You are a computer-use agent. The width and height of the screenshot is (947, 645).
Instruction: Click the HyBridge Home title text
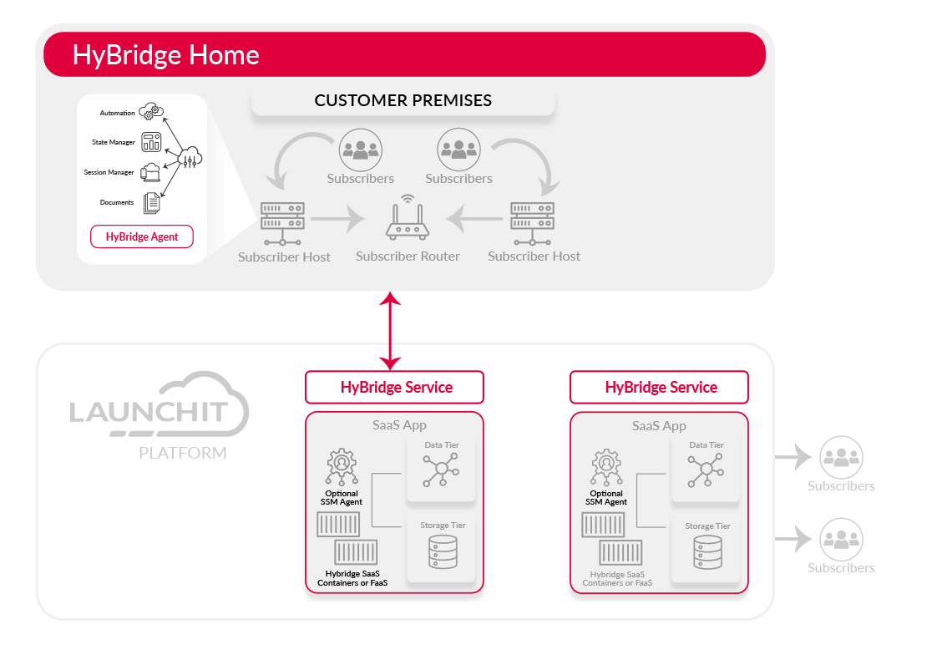point(166,55)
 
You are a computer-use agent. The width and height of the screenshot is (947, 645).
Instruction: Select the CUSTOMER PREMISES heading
point(403,100)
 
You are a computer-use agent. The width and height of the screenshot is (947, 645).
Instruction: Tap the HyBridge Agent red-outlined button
point(142,236)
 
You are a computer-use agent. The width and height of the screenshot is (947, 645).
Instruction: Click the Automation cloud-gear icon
point(152,110)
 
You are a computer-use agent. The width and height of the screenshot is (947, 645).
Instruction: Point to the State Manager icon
point(151,141)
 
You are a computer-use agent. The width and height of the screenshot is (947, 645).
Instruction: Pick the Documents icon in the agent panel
point(151,202)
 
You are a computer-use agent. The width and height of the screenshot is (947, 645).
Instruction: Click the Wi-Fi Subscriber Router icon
point(408,219)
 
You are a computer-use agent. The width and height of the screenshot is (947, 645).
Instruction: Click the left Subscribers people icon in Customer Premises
point(360,150)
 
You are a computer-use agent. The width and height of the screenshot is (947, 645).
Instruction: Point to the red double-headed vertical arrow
point(390,330)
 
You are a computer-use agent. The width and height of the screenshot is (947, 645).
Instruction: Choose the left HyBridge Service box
point(395,388)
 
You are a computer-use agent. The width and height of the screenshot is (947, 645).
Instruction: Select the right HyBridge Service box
point(660,388)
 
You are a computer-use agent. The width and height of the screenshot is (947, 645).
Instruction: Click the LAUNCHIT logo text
point(149,412)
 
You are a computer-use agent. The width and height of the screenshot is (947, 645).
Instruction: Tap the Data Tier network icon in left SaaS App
point(441,470)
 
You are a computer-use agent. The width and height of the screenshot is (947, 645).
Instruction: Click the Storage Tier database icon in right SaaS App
point(706,552)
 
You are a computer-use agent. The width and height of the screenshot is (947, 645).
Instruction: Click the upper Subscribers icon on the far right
point(840,457)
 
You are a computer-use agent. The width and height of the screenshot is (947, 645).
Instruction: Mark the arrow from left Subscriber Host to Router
point(337,221)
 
